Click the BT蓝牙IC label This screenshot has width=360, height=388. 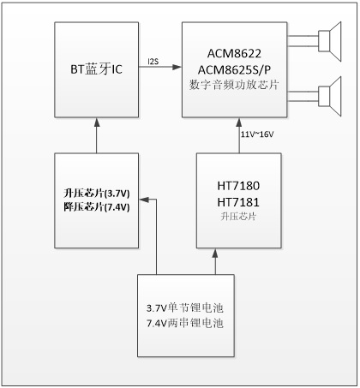click(96, 69)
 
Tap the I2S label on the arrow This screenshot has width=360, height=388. click(153, 62)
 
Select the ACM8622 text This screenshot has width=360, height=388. click(234, 53)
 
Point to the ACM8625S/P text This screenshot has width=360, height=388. click(234, 69)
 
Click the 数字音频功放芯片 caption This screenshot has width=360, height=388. click(234, 85)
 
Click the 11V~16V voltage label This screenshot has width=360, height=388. click(257, 134)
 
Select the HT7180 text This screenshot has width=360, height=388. click(238, 186)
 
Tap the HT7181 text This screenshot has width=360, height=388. click(238, 202)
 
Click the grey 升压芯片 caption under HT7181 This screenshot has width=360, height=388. click(238, 217)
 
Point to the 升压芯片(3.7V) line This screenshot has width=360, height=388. click(97, 194)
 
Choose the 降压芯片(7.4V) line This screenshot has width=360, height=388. click(97, 206)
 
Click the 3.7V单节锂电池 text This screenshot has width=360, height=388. click(185, 307)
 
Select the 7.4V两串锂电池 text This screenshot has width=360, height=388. click(185, 323)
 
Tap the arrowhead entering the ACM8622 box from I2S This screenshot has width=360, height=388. click(177, 67)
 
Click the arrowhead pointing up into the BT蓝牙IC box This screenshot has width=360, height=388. click(97, 122)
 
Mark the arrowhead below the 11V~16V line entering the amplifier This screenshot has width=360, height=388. click(239, 122)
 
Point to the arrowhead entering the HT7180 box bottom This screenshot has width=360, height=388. click(215, 253)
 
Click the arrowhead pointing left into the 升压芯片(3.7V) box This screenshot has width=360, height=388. click(144, 200)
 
